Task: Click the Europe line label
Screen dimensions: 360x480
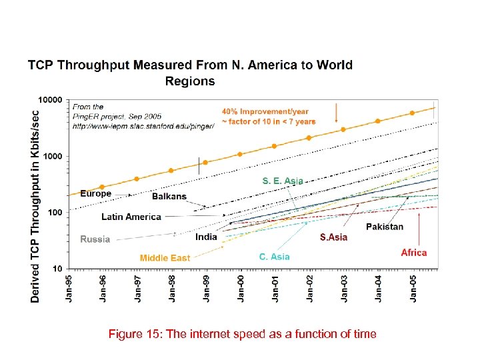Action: pyautogui.click(x=96, y=193)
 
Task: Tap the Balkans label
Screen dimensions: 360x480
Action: pyautogui.click(x=169, y=197)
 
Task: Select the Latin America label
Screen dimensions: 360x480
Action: pyautogui.click(x=131, y=217)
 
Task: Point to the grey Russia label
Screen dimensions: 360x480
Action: pyautogui.click(x=95, y=239)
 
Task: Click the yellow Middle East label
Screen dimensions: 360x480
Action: pyautogui.click(x=165, y=257)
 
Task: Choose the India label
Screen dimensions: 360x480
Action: pyautogui.click(x=206, y=237)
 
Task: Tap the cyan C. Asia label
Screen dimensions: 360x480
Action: pyautogui.click(x=274, y=256)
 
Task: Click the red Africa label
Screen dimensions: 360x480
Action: pyautogui.click(x=413, y=253)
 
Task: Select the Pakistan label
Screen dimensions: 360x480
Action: pyautogui.click(x=385, y=227)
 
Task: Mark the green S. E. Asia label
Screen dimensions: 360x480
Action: pyautogui.click(x=282, y=181)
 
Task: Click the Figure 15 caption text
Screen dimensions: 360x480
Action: pyautogui.click(x=242, y=334)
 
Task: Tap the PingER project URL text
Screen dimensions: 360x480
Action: pyautogui.click(x=143, y=125)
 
